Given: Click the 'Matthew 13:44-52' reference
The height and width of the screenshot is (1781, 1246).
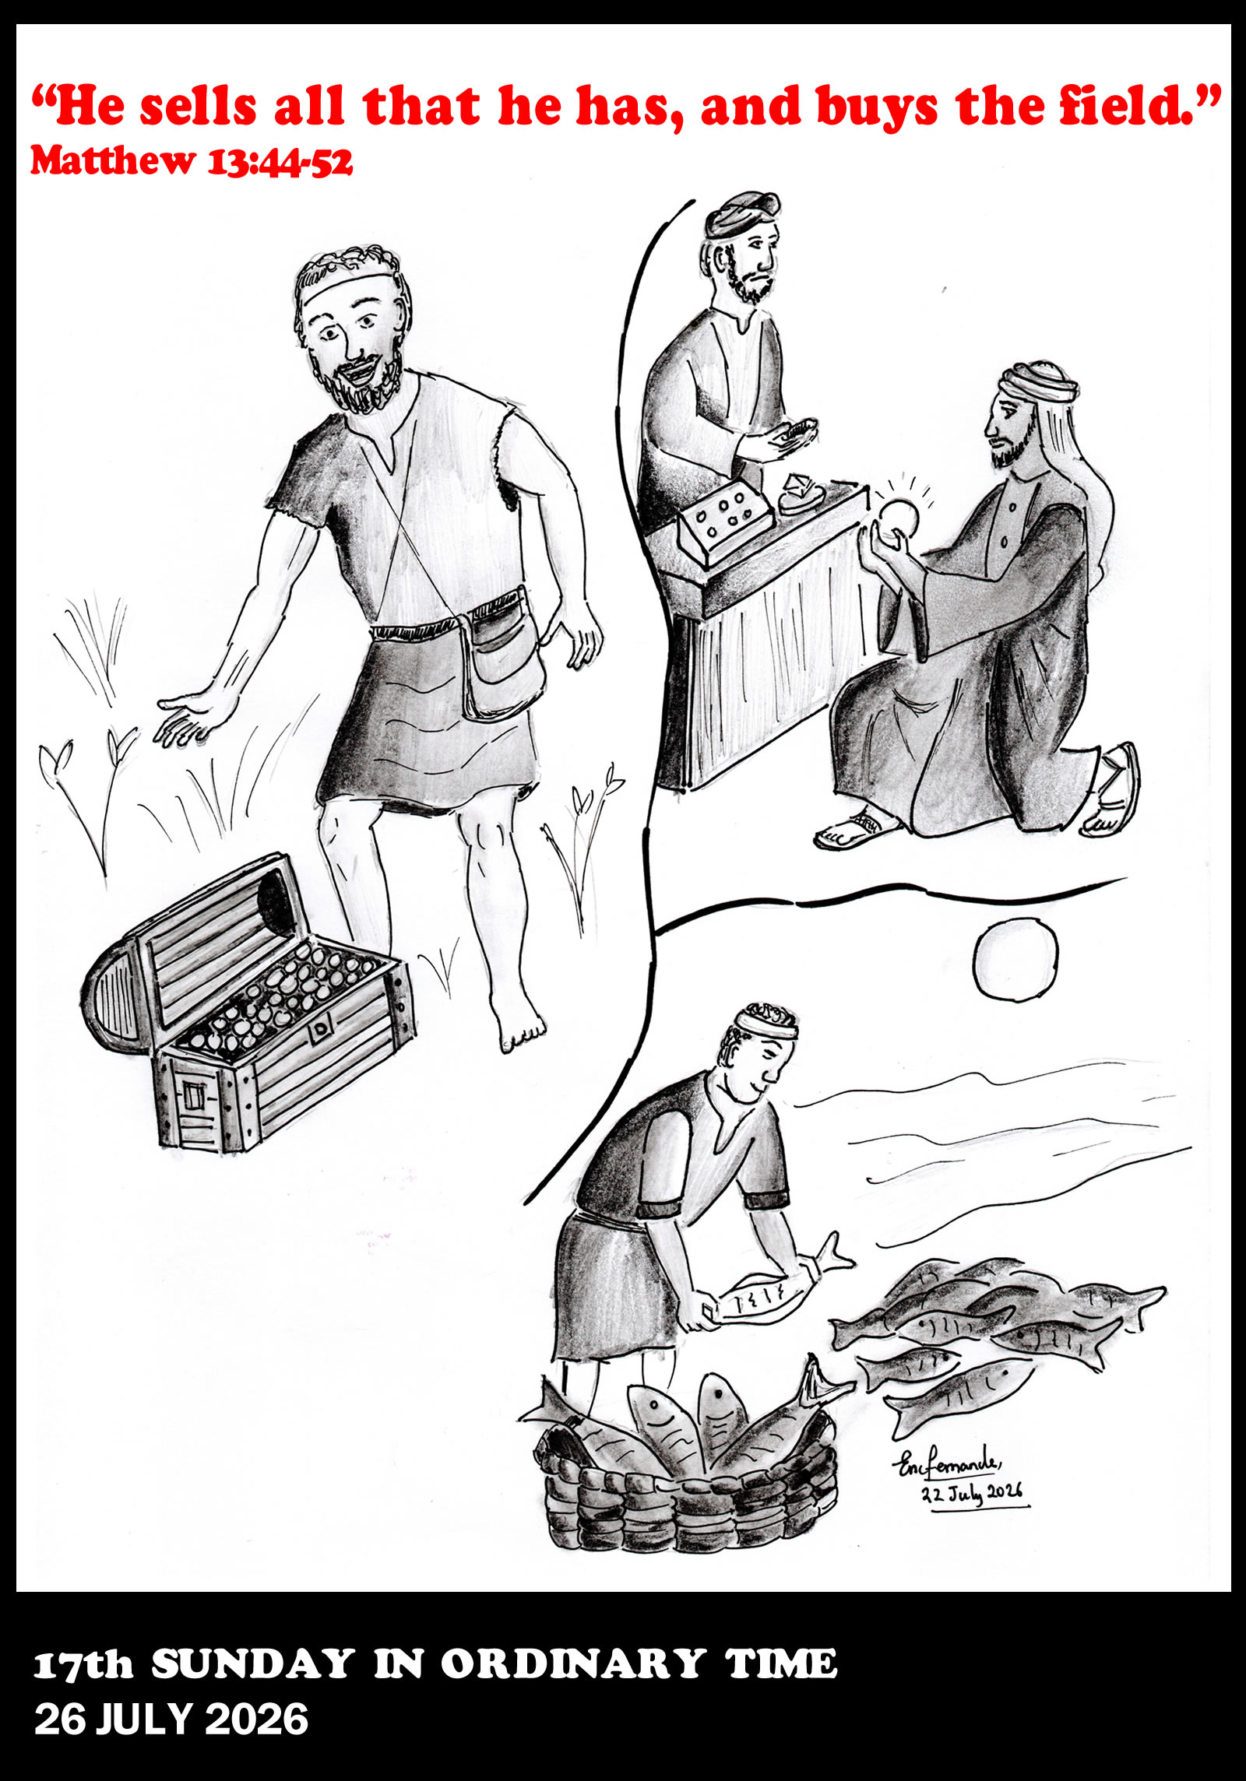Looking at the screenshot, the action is click(192, 161).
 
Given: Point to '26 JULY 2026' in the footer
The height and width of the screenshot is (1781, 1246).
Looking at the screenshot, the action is click(171, 1722).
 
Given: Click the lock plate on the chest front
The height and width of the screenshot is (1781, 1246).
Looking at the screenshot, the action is click(320, 1033).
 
